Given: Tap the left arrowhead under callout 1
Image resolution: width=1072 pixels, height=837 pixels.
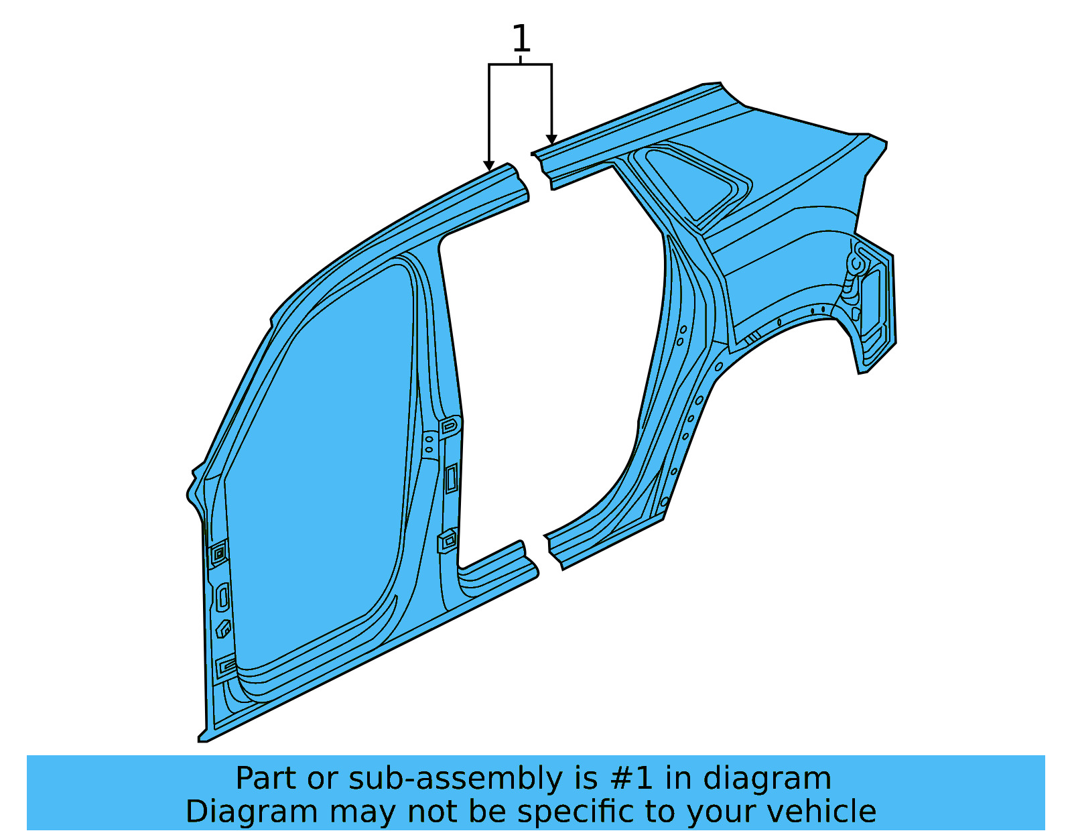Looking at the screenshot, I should pyautogui.click(x=489, y=166).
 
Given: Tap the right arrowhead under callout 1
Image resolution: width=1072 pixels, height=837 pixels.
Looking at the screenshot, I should pyautogui.click(x=551, y=140).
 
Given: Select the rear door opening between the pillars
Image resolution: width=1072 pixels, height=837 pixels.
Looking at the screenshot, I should pyautogui.click(x=549, y=362).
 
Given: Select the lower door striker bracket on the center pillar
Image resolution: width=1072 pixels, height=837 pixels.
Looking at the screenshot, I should pyautogui.click(x=447, y=539).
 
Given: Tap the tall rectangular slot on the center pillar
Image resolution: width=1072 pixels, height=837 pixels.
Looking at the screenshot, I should pyautogui.click(x=452, y=478).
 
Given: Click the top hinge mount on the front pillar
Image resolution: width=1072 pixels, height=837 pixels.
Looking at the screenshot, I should pyautogui.click(x=218, y=554).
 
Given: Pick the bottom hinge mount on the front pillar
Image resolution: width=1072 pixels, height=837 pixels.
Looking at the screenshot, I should pyautogui.click(x=226, y=666).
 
